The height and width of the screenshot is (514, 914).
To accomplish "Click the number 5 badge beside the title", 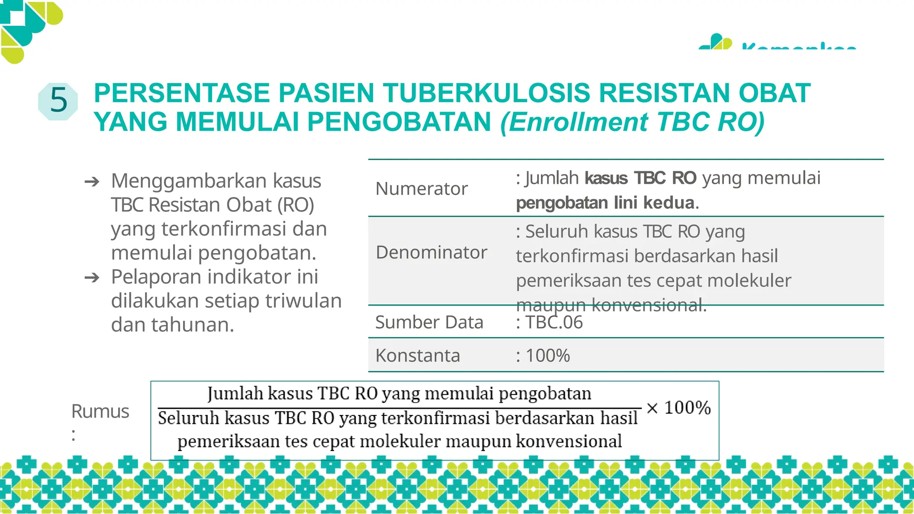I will pos(58,101).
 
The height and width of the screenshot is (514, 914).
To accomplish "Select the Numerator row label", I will pos(421,189).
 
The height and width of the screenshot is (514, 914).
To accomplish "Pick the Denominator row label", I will pos(431,253).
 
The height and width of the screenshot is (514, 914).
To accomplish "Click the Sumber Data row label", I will pos(429,322).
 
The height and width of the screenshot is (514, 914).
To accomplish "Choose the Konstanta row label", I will pos(417,356).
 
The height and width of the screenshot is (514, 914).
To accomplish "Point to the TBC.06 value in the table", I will pos(554,322).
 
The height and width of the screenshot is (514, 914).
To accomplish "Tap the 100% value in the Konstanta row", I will pos(548,356).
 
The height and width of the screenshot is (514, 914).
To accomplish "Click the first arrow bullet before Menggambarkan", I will pos(92,182).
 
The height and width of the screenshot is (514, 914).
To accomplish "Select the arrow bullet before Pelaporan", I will pos(92,278).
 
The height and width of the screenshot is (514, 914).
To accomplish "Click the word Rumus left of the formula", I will pos(100,411).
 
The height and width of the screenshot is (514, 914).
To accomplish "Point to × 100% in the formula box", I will pos(678,408).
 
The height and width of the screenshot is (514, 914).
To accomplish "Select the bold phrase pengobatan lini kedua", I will pos(605,203).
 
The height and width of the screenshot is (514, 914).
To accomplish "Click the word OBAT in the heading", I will pos(774,93).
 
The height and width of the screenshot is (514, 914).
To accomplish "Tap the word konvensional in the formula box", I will pos(569,441).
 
